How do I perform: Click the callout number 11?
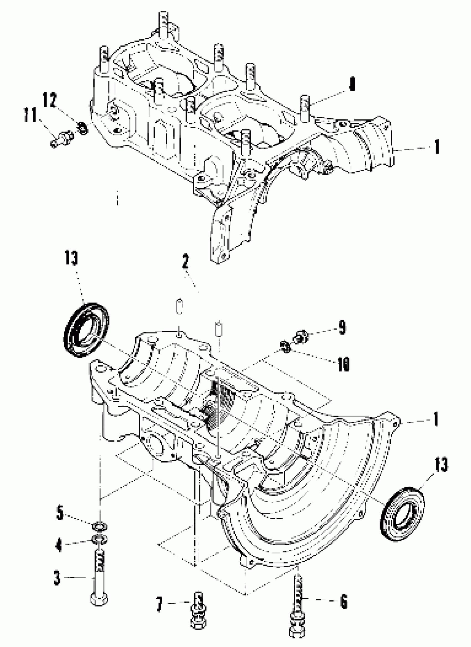[x=31, y=115]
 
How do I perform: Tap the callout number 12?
[x=50, y=100]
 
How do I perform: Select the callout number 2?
[x=185, y=262]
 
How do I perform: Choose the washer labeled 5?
[x=100, y=525]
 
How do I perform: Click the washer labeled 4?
[x=99, y=539]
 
